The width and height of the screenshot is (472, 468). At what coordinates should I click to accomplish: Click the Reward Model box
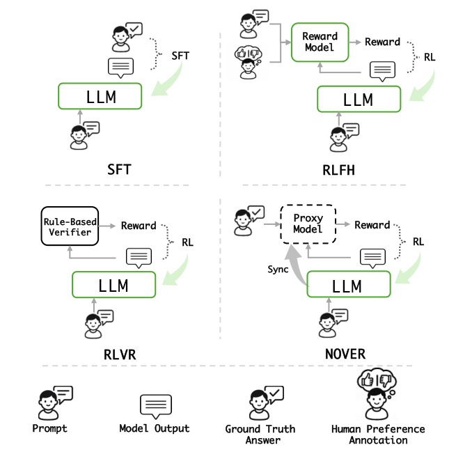click(x=320, y=42)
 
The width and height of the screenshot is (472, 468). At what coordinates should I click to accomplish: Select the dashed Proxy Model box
click(x=308, y=224)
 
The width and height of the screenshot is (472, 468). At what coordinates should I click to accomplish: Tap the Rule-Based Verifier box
click(x=70, y=226)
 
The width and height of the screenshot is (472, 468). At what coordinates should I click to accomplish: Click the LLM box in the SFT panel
click(x=100, y=96)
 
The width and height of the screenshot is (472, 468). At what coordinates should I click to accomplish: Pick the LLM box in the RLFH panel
click(x=359, y=99)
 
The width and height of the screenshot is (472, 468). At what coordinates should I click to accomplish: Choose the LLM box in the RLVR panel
click(x=113, y=285)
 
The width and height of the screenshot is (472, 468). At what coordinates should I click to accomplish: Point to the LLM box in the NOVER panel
click(x=349, y=284)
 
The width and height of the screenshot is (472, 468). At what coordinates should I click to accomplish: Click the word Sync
click(x=278, y=269)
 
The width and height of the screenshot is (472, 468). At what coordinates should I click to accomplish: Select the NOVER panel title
click(x=345, y=354)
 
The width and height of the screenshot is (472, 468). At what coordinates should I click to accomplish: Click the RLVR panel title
click(x=120, y=354)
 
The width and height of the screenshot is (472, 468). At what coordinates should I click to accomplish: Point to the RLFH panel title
click(x=338, y=170)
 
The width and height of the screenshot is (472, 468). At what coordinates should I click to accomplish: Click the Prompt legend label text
click(x=49, y=428)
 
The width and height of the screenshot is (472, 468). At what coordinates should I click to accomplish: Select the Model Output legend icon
click(x=156, y=406)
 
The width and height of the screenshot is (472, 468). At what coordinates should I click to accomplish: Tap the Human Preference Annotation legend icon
click(x=377, y=394)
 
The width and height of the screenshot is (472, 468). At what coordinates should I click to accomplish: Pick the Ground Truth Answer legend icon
click(x=267, y=403)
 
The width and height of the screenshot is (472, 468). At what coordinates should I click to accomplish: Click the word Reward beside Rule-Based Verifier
click(x=139, y=226)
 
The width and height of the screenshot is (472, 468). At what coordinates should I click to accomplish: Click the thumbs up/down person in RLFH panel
click(x=248, y=63)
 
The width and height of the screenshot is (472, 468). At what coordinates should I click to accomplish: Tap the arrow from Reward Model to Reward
click(x=355, y=42)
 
